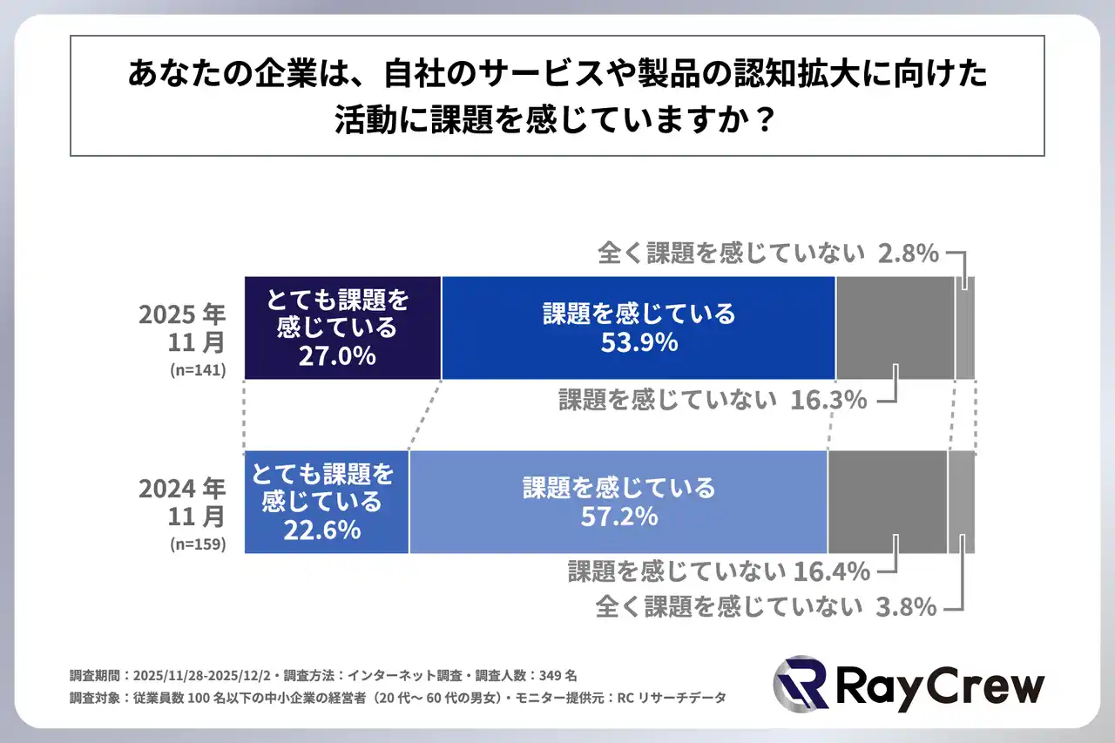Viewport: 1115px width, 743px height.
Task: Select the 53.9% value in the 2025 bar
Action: click(x=639, y=342)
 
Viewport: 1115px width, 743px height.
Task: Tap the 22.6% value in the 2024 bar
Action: click(x=322, y=529)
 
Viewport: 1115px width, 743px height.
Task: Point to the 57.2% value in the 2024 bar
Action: click(x=618, y=517)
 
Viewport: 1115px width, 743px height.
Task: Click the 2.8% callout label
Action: click(x=909, y=253)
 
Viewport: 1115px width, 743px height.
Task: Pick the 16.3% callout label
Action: click(x=829, y=400)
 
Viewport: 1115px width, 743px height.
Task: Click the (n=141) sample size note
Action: click(x=198, y=370)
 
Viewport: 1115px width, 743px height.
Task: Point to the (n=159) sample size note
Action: click(x=198, y=545)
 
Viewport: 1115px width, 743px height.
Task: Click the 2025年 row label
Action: click(x=181, y=314)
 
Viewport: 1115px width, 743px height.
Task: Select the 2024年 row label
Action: click(x=181, y=488)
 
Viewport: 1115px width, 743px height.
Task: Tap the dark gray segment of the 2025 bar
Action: click(x=895, y=328)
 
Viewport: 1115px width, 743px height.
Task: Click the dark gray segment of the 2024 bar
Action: click(x=887, y=502)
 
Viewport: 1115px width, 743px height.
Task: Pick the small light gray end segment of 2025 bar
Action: click(x=965, y=328)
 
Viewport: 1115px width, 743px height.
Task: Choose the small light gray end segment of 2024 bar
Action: click(x=961, y=502)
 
